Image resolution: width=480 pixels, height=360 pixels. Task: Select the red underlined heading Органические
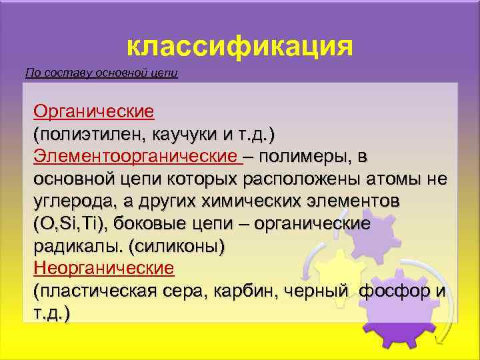tap(94, 111)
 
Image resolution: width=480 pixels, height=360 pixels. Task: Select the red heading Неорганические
tap(103, 269)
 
